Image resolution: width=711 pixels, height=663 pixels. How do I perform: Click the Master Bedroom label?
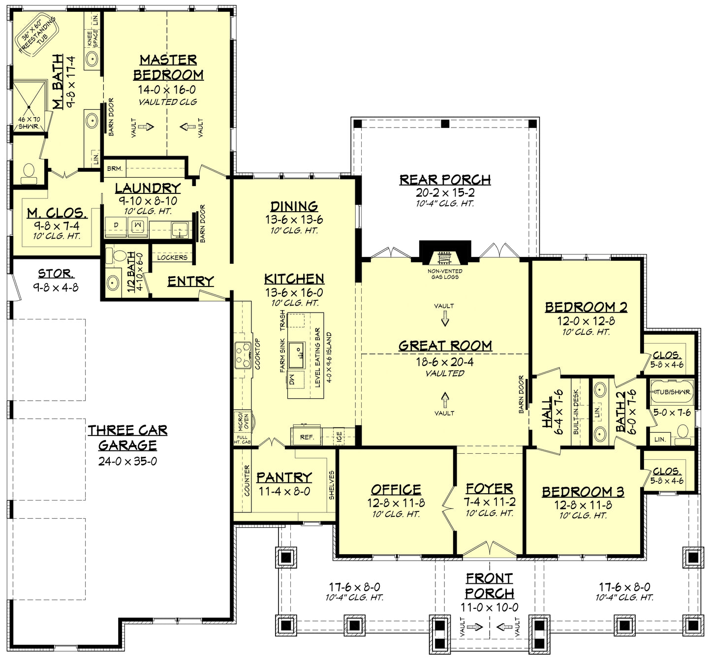coord(168,67)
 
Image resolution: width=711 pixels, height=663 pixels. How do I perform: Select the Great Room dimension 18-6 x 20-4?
coord(445,362)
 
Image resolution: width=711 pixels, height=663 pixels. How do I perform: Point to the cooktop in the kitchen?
coord(243,354)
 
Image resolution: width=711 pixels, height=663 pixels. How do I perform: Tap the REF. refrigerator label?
coord(307,437)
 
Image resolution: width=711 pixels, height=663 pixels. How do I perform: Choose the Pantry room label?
coord(284,477)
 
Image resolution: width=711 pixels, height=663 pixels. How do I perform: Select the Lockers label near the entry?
coord(172,257)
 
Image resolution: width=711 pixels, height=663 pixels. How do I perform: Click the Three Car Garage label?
coord(127,438)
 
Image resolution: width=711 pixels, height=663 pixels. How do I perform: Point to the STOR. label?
coord(56,274)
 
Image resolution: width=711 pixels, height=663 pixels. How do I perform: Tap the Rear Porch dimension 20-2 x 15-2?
coord(445,193)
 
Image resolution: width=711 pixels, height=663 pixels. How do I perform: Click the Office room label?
coord(396,490)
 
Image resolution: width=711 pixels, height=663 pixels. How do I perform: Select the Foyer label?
coord(489,488)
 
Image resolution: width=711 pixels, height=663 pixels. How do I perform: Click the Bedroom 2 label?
coord(586,307)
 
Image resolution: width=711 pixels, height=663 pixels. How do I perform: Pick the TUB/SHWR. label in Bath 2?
coord(672,392)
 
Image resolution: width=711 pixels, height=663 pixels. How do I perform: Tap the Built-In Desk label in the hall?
coord(576,412)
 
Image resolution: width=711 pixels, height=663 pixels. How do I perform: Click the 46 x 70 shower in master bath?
coord(29,107)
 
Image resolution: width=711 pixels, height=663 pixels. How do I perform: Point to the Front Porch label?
coord(489,586)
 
